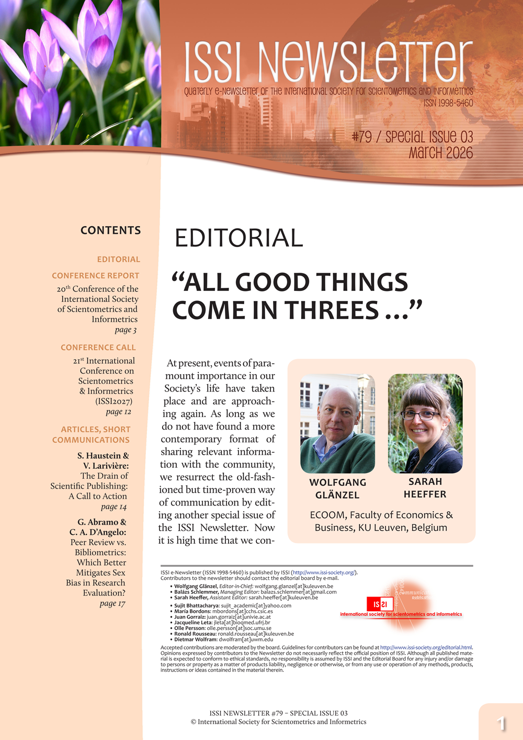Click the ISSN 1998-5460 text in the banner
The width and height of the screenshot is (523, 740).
pos(448,103)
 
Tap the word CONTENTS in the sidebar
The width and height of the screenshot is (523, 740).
pos(110,230)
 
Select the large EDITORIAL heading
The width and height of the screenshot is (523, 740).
pos(238,238)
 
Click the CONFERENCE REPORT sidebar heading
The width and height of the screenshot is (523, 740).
pos(96,275)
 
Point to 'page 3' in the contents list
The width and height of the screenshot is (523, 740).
pos(126,330)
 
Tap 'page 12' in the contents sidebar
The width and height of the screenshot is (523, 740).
pos(119,412)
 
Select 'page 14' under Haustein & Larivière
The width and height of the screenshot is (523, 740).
pos(113,507)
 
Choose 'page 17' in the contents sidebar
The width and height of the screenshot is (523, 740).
pos(112,603)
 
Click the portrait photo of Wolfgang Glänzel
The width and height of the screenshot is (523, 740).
pos(337,424)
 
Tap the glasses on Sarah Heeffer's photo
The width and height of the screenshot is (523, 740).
pos(420,416)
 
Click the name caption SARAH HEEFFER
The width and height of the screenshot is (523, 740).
pos(425,488)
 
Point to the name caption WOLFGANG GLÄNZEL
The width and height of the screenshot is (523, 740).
pos(337,489)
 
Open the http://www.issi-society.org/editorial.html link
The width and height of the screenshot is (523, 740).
pos(426,647)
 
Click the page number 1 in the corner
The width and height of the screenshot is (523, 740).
pos(501,723)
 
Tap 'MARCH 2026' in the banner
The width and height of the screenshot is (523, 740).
pos(440,153)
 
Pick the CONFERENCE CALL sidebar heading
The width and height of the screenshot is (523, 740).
pos(98,347)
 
